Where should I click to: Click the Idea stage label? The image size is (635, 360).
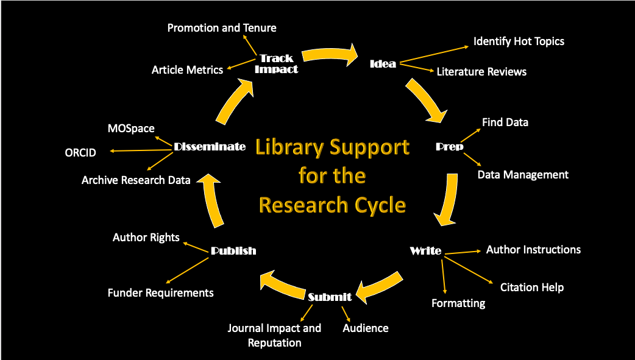[x=383, y=63]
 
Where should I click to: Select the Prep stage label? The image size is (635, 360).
[x=450, y=146]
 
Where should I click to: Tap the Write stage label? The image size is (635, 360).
[x=425, y=251]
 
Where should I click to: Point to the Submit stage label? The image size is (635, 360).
[x=330, y=297]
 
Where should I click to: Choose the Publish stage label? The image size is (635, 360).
[x=233, y=250]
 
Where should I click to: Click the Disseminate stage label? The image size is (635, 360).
[x=210, y=146]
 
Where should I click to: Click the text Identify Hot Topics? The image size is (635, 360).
[x=519, y=41]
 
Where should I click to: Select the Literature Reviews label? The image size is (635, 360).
[x=481, y=71]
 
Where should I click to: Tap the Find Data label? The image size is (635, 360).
[x=505, y=122]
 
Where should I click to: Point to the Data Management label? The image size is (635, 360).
[x=523, y=175]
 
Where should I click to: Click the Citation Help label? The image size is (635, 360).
[x=532, y=287]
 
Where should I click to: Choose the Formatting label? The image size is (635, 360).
[x=458, y=303]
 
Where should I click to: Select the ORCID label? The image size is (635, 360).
[x=80, y=152]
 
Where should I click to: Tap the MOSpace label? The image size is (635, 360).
[x=131, y=129]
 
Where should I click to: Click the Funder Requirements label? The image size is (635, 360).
[x=161, y=293]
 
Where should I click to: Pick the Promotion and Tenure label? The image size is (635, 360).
[x=222, y=28]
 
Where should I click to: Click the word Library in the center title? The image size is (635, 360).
[x=290, y=147]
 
